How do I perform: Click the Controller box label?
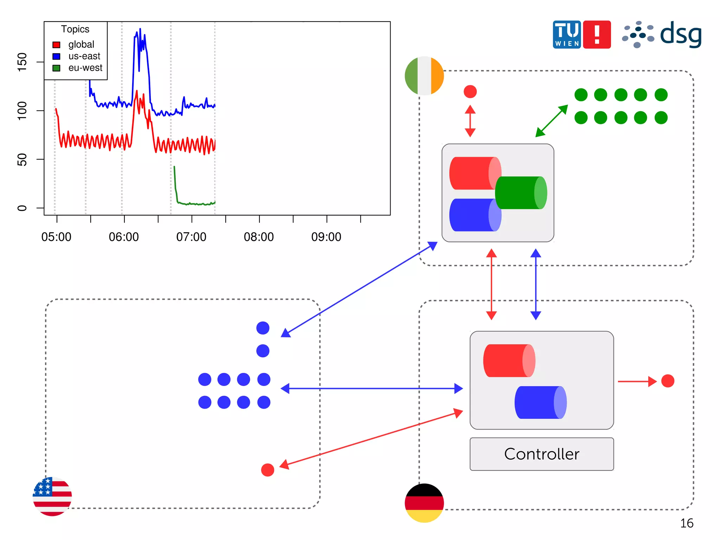click(541, 454)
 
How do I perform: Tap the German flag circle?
click(424, 503)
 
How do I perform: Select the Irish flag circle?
click(424, 76)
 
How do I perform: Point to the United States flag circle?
click(52, 496)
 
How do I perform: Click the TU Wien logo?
click(567, 34)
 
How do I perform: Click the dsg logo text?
click(681, 34)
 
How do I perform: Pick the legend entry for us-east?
click(84, 56)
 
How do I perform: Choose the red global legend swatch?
click(56, 45)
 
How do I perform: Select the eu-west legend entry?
click(85, 68)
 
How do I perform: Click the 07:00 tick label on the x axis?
click(191, 237)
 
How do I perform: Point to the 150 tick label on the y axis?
click(22, 62)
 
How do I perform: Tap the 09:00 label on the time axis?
click(326, 237)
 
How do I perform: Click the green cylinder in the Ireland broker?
click(521, 193)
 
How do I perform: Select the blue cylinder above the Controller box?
click(540, 402)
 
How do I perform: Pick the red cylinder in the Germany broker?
click(509, 361)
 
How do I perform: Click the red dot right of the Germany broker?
click(668, 381)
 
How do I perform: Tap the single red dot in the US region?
click(268, 470)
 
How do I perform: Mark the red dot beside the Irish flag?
click(470, 91)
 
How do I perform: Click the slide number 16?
click(687, 523)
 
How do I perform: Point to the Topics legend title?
click(75, 29)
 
